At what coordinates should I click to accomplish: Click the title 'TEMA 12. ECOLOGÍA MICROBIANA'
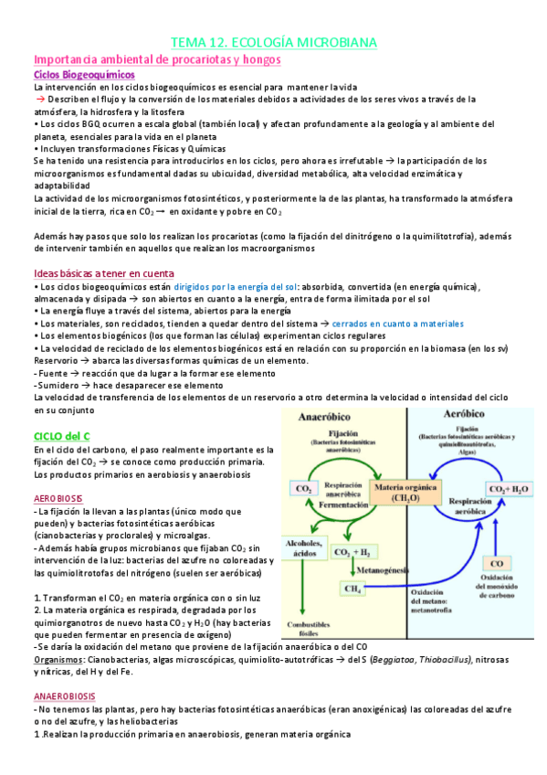coord(274,42)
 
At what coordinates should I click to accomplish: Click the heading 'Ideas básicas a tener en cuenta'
coord(102,273)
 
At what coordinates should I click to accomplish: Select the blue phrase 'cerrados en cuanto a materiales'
coord(397,324)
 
